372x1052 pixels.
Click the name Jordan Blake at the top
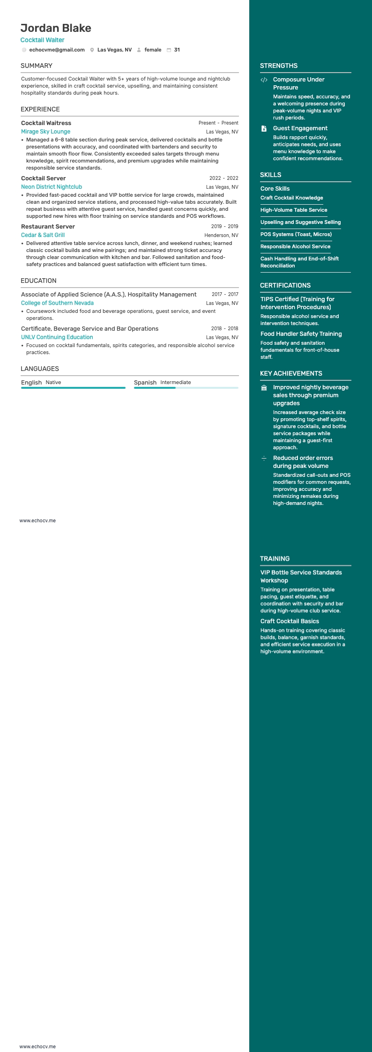click(56, 28)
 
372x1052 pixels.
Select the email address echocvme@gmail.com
click(57, 50)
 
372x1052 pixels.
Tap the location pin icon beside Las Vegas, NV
click(92, 50)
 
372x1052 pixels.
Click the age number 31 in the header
click(177, 50)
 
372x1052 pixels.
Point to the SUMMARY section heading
click(37, 66)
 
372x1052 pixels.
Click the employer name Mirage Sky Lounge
click(45, 132)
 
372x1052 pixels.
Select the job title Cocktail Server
click(43, 178)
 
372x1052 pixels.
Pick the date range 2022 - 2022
click(223, 178)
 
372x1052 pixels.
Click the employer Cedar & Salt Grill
click(43, 235)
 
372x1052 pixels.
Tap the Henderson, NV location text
click(221, 235)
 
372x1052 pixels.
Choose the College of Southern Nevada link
click(57, 303)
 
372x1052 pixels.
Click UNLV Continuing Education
click(57, 337)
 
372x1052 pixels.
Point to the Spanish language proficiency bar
click(186, 388)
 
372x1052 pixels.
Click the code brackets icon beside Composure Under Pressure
click(264, 80)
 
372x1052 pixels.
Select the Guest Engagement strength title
click(300, 128)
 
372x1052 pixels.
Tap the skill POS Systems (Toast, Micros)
click(296, 234)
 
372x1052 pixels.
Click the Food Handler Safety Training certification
click(301, 334)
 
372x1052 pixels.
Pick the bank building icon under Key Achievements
click(264, 388)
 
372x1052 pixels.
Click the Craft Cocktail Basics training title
click(290, 621)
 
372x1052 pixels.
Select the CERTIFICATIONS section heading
click(285, 285)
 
